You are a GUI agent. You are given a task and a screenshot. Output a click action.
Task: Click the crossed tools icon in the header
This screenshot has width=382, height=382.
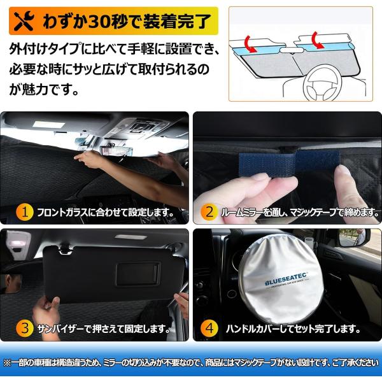click(24, 21)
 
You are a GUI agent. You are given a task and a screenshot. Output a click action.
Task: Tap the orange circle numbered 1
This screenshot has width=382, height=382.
click(25, 212)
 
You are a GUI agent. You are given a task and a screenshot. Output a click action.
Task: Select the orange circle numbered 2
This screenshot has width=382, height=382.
click(209, 212)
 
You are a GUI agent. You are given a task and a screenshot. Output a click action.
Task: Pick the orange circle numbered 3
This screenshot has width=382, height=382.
click(25, 329)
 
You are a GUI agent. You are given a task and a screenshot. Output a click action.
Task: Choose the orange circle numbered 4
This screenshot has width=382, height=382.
click(209, 329)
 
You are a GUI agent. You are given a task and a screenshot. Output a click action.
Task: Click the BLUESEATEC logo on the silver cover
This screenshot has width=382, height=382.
click(286, 280)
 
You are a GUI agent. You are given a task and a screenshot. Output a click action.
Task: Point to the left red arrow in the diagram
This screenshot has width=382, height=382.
click(250, 43)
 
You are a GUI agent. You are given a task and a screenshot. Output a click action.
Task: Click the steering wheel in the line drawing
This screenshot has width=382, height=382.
click(322, 82)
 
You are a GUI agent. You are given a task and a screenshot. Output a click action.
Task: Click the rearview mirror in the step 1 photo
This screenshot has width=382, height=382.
click(117, 152)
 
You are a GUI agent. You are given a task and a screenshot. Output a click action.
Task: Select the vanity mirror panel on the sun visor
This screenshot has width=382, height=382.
click(138, 274)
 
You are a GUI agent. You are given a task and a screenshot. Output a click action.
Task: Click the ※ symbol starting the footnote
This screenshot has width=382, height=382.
click(7, 363)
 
